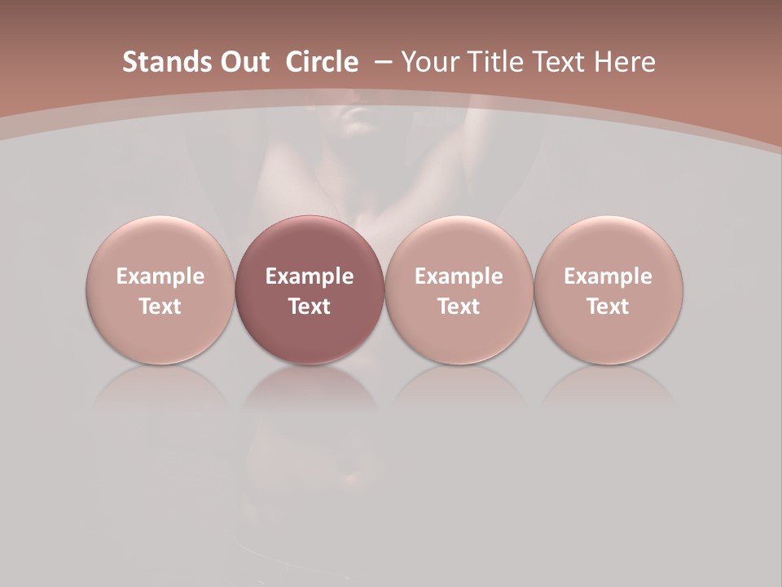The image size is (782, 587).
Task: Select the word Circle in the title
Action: (x=321, y=62)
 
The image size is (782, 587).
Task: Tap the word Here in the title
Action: (x=626, y=62)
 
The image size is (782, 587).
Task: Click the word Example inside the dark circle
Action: (x=310, y=276)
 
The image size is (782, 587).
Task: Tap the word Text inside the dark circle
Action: (x=310, y=307)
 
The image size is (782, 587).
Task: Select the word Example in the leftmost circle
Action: (x=160, y=276)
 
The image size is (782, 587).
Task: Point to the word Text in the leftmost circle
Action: (x=160, y=307)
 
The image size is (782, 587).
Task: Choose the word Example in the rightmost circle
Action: (x=608, y=276)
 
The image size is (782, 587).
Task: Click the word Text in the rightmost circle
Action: (x=608, y=307)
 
